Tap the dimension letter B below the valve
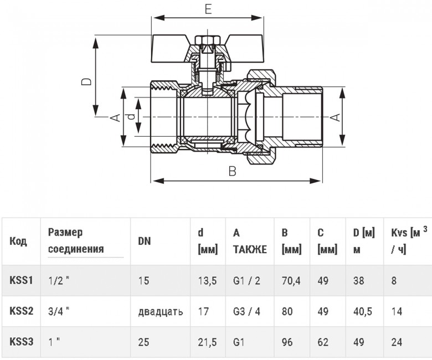tap(233, 171)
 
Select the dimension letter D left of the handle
tap(86, 81)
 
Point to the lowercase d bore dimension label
tap(132, 117)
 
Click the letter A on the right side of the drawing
tap(335, 117)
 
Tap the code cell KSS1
tap(21, 280)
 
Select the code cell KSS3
tap(21, 342)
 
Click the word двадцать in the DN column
tap(161, 311)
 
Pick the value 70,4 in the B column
tap(291, 281)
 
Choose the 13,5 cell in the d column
tap(208, 281)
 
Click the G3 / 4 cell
tap(246, 311)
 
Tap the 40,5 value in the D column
tap(363, 311)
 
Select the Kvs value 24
tap(397, 342)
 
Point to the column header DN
tap(145, 241)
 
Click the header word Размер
tap(65, 233)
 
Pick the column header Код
tap(18, 241)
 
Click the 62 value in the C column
tap(323, 342)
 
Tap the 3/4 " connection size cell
tap(59, 311)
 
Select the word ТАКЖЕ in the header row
tap(250, 249)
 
